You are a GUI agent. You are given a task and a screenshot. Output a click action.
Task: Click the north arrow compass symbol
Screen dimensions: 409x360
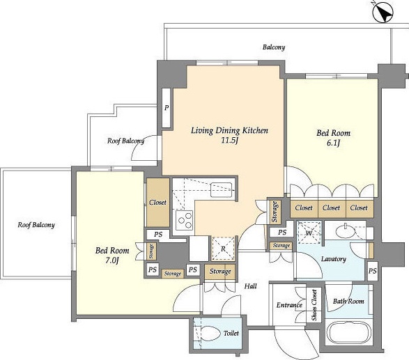click(383, 13)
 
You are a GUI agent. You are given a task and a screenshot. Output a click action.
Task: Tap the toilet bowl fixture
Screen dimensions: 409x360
click(210, 334)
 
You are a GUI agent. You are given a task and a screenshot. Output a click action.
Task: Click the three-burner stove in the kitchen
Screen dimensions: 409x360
click(184, 220)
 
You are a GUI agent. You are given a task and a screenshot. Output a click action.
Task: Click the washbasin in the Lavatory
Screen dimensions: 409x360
click(346, 232)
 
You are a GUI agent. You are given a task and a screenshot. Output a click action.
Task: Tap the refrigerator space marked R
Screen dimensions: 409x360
click(223, 249)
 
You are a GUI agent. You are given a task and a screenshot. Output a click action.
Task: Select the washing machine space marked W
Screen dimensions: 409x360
click(309, 233)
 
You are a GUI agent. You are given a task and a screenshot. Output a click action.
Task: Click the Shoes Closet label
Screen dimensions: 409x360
click(314, 305)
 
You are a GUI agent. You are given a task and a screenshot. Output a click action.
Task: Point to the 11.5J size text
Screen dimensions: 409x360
click(229, 141)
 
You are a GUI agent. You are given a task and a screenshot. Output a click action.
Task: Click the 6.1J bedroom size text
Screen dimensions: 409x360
click(333, 143)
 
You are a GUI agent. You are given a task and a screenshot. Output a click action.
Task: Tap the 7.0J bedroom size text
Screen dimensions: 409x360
click(112, 260)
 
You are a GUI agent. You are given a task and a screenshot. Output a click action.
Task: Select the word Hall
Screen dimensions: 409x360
click(250, 286)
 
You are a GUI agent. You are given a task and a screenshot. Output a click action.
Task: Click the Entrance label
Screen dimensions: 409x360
click(289, 305)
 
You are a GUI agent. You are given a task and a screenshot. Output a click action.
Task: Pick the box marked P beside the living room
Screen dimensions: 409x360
click(167, 108)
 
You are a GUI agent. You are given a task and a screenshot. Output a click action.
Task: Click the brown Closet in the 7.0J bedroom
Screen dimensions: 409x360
click(157, 203)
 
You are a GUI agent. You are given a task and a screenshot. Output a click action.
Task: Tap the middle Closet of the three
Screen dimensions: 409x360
click(332, 208)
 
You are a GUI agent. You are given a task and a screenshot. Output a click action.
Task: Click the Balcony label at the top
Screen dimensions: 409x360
click(274, 47)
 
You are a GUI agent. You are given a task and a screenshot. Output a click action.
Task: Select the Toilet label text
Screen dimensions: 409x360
click(231, 333)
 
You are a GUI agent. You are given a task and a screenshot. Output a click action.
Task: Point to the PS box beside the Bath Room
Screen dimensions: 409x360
click(373, 271)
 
